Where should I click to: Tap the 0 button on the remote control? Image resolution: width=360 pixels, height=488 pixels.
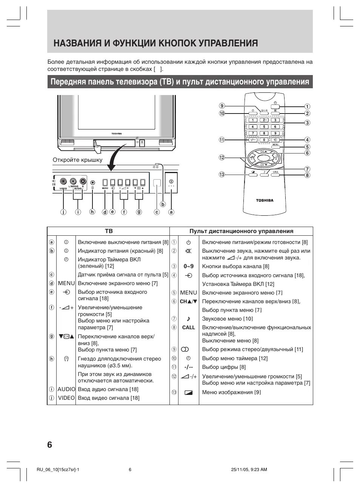[x=264, y=140]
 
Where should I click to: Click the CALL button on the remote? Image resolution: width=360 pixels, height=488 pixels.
[x=275, y=172]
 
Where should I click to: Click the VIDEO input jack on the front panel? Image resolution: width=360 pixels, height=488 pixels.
[x=63, y=181]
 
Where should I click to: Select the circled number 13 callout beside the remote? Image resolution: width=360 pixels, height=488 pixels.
[x=222, y=174]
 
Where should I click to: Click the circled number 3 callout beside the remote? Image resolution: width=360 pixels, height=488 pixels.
[x=308, y=123]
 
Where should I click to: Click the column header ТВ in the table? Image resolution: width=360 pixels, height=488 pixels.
[x=109, y=231]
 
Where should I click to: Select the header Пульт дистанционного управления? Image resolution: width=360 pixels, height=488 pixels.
[x=241, y=231]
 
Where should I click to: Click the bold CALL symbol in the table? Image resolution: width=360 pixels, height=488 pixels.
[x=188, y=327]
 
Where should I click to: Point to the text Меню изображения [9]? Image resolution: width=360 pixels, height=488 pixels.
[x=231, y=392]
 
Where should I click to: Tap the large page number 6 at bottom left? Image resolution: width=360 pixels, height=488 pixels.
[x=50, y=445]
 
